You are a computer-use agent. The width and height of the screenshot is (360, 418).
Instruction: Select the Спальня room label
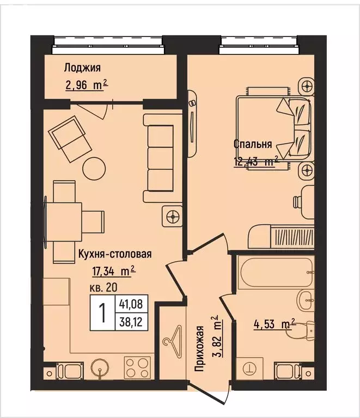pyautogui.click(x=252, y=144)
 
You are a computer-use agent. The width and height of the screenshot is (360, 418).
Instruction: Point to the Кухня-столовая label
pyautogui.click(x=114, y=253)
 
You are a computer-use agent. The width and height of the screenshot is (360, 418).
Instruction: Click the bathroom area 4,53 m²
pyautogui.click(x=273, y=326)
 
